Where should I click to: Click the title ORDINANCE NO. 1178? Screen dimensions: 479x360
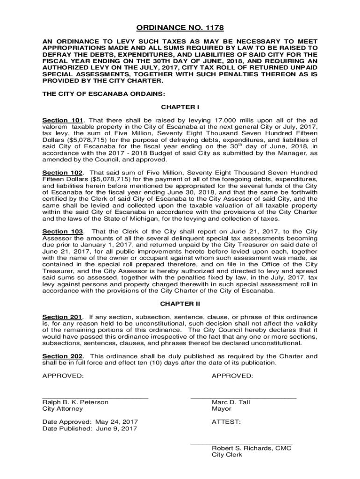click(x=180, y=28)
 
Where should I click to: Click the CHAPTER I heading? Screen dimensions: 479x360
click(x=180, y=107)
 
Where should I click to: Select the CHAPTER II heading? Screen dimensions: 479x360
click(x=180, y=304)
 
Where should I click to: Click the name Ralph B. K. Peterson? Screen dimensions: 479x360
click(x=75, y=402)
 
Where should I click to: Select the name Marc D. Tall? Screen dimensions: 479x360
click(x=231, y=402)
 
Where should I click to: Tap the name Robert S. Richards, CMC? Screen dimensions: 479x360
click(x=252, y=448)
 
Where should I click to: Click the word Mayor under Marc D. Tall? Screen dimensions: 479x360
click(x=222, y=409)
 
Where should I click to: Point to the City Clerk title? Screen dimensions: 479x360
click(x=227, y=455)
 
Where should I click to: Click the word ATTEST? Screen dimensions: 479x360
click(x=226, y=422)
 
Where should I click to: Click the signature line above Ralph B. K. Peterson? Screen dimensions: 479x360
click(x=95, y=397)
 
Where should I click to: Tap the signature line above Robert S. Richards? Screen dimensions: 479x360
click(x=241, y=443)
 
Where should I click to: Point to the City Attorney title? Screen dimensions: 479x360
click(x=63, y=409)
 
